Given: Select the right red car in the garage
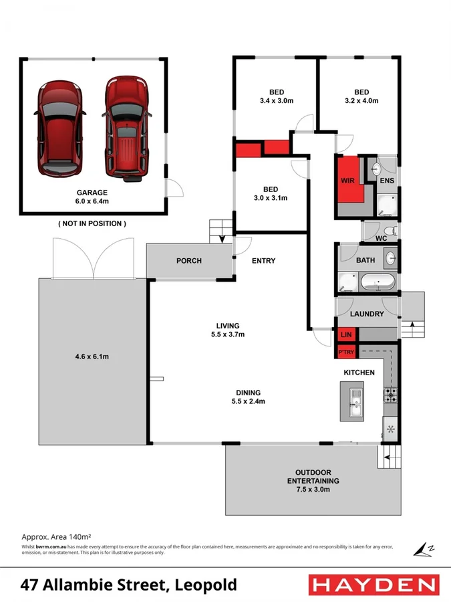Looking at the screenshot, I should click(x=125, y=128).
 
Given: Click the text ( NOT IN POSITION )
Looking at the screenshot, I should click(x=92, y=223).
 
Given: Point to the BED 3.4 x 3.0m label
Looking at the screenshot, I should click(x=277, y=96).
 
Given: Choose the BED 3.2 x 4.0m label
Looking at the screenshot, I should click(x=361, y=96).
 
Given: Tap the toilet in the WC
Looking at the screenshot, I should click(x=392, y=230).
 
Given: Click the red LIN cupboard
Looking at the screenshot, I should click(x=346, y=334).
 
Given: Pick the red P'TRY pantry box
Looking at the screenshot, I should click(x=346, y=353).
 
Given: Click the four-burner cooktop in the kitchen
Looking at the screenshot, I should click(x=390, y=395).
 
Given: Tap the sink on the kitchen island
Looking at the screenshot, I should click(x=356, y=402).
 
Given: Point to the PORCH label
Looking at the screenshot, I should click(x=189, y=261).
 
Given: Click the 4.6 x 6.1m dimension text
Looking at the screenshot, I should click(x=93, y=357).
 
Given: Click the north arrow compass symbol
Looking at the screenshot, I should click(x=423, y=548).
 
